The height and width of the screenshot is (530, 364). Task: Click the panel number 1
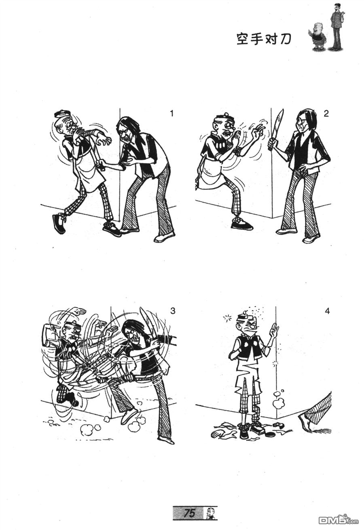pyautogui.click(x=172, y=114)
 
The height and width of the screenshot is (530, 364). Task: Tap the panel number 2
pyautogui.click(x=326, y=114)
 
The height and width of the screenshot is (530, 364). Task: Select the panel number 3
pyautogui.click(x=173, y=311)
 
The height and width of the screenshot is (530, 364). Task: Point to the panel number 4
pyautogui.click(x=327, y=311)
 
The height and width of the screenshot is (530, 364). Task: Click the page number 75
pyautogui.click(x=190, y=511)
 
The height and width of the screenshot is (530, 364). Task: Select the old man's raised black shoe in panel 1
pyautogui.click(x=59, y=223)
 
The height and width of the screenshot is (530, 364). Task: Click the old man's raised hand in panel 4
pyautogui.click(x=274, y=330)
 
